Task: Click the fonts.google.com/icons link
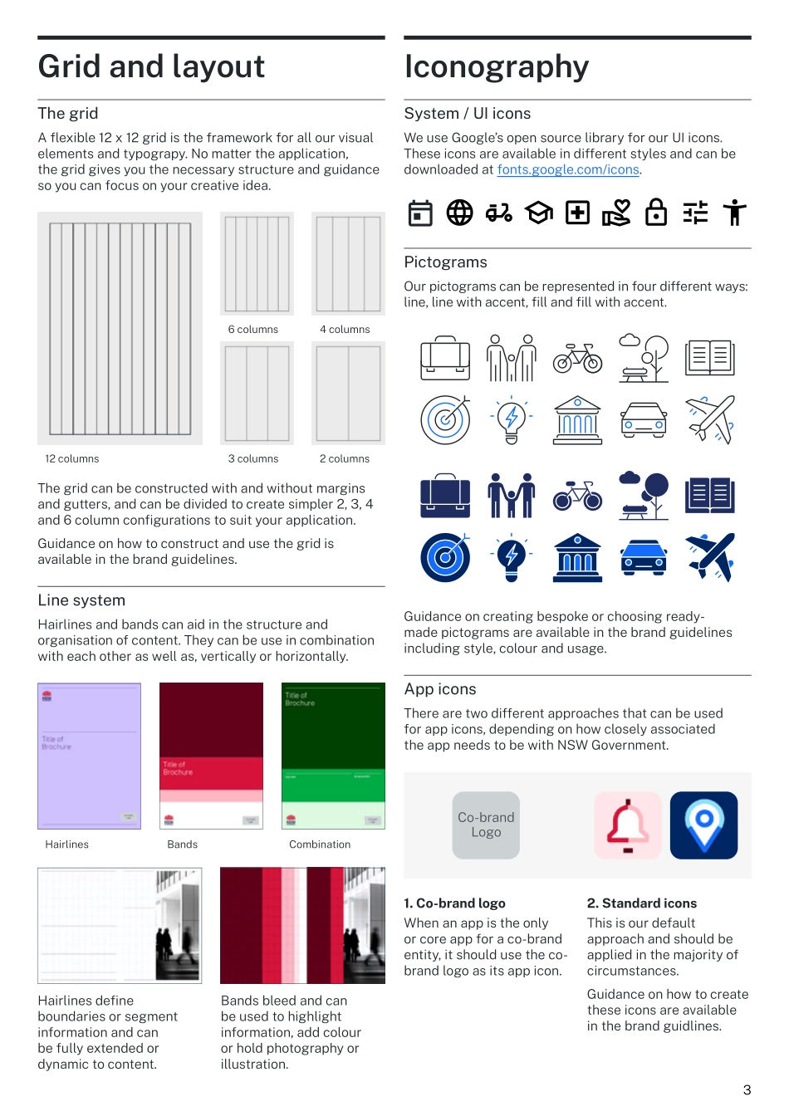tap(568, 169)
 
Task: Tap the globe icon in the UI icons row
tap(459, 213)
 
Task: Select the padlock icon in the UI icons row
tap(656, 213)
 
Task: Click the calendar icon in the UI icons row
tap(420, 213)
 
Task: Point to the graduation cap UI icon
tap(538, 213)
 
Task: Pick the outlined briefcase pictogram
tap(445, 358)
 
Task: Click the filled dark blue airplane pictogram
tap(710, 556)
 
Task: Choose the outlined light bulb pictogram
tap(512, 419)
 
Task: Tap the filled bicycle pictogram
tap(578, 496)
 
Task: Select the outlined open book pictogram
tap(710, 358)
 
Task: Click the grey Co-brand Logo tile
tap(486, 825)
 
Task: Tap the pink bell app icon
tap(628, 825)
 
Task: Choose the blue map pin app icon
tap(703, 825)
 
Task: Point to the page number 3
tap(747, 1090)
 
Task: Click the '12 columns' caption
tap(72, 459)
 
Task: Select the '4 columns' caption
tap(345, 330)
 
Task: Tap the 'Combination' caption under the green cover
tap(320, 844)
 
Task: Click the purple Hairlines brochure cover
tap(89, 756)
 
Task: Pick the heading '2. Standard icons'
tap(641, 903)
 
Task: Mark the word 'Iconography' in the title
tap(497, 66)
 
